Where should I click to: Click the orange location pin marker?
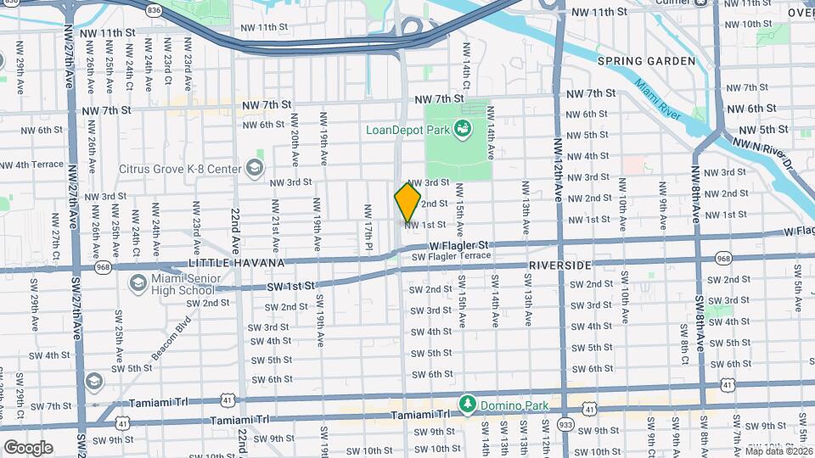[407, 203]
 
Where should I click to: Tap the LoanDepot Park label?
[407, 130]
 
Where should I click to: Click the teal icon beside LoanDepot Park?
[464, 130]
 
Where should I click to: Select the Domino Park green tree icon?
[466, 401]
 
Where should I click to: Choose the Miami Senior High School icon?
[137, 282]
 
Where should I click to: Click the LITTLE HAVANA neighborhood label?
[236, 263]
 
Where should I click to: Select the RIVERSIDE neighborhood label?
[559, 265]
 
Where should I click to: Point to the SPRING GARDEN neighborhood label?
[646, 61]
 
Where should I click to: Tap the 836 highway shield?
[154, 9]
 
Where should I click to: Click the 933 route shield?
[566, 422]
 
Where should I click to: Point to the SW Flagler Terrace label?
[451, 256]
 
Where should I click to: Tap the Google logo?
[28, 447]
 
